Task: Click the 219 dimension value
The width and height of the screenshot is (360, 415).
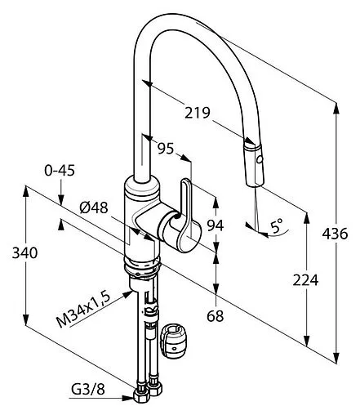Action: click(198, 113)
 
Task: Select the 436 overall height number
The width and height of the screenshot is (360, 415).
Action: click(335, 234)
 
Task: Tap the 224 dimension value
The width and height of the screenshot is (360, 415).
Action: click(305, 280)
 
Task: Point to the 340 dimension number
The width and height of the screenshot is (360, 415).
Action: click(24, 253)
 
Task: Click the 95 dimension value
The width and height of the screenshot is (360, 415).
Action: click(166, 149)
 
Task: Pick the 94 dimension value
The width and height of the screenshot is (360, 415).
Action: click(216, 225)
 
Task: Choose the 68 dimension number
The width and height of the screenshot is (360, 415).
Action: click(216, 316)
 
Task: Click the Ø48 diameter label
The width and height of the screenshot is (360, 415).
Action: click(94, 208)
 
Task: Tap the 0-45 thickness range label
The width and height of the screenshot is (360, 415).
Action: click(60, 171)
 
